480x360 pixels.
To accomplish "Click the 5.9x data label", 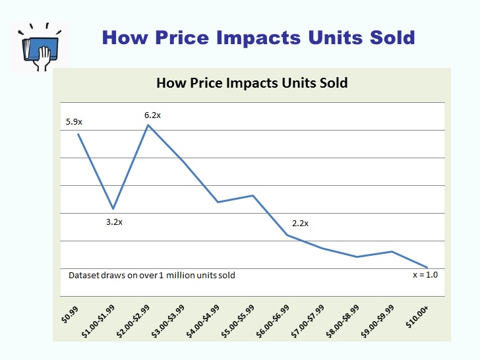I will point(74,122).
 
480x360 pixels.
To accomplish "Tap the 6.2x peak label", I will point(152,115).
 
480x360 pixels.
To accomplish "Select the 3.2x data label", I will point(114,222).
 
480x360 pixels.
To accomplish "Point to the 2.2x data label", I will point(300,224).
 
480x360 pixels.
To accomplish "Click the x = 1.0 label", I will point(425,275).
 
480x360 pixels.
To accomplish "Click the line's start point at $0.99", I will point(78,135).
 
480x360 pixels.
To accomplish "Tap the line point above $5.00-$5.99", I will point(253,196).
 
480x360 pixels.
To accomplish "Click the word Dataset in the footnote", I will point(84,275).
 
